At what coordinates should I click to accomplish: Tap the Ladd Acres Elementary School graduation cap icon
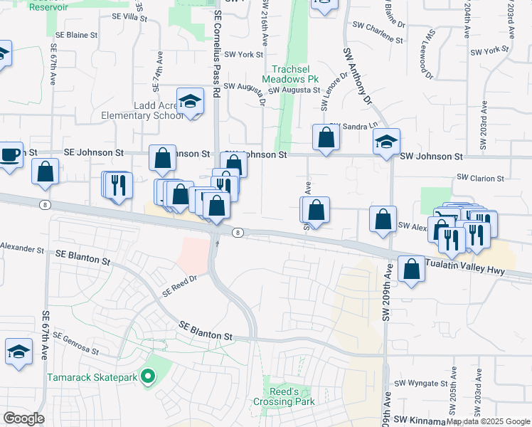click(x=190, y=101)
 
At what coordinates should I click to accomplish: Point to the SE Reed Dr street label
click(x=179, y=286)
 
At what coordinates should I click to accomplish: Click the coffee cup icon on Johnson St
click(x=10, y=155)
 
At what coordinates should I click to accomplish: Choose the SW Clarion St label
click(x=480, y=178)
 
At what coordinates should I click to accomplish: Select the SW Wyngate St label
click(x=420, y=384)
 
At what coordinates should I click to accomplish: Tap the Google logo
click(x=24, y=418)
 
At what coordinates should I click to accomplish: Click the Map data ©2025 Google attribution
click(x=487, y=421)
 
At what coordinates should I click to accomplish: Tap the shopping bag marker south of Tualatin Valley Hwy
click(x=411, y=269)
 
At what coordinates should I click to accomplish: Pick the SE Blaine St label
click(x=75, y=35)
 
